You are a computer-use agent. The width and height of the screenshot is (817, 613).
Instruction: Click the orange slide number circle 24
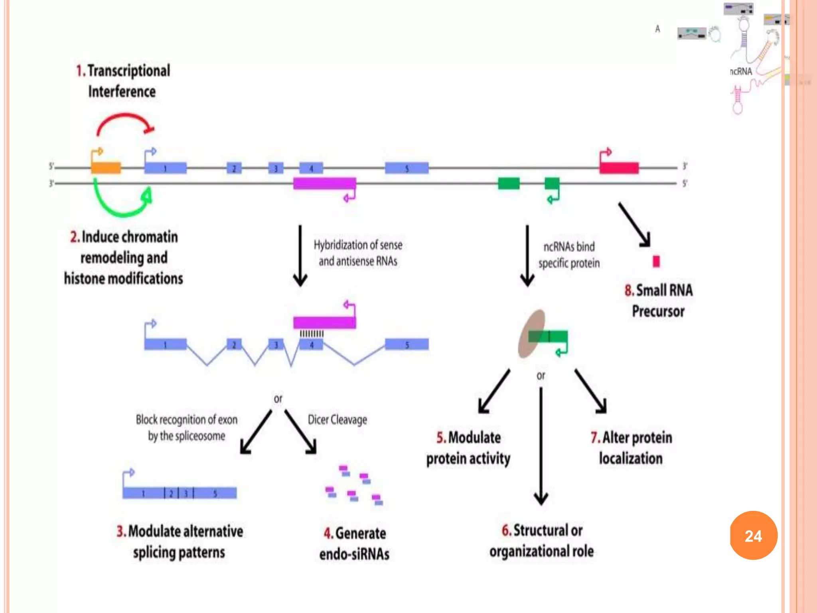coord(753,536)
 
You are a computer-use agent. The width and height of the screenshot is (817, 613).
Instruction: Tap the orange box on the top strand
coord(106,168)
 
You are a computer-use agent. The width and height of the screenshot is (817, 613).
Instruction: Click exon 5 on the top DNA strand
coord(407,168)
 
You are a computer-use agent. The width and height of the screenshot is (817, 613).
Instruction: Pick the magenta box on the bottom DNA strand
coord(324,184)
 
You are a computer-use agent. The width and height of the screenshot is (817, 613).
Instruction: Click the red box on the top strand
coord(619,168)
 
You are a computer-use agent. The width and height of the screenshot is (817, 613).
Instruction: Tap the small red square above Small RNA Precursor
coord(656,261)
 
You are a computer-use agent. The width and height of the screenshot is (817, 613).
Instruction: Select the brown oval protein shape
coord(531,334)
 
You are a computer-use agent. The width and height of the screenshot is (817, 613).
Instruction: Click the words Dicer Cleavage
coord(337,420)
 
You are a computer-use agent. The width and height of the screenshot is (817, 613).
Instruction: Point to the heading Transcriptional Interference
coord(123,81)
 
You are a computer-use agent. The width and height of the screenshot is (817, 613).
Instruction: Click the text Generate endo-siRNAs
coord(354,544)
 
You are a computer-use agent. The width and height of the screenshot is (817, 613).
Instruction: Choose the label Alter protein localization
coord(631,448)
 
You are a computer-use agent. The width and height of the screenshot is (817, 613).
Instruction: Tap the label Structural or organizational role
coord(541,541)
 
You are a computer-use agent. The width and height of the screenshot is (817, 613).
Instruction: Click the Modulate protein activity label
coord(468,448)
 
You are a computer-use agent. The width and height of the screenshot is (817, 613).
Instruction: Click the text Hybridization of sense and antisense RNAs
coord(358,253)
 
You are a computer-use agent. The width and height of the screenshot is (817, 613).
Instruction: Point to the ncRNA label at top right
coord(741,71)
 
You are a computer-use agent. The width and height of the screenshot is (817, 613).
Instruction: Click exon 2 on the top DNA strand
coord(234,168)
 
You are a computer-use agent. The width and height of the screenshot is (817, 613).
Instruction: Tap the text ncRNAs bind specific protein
coord(569,255)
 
